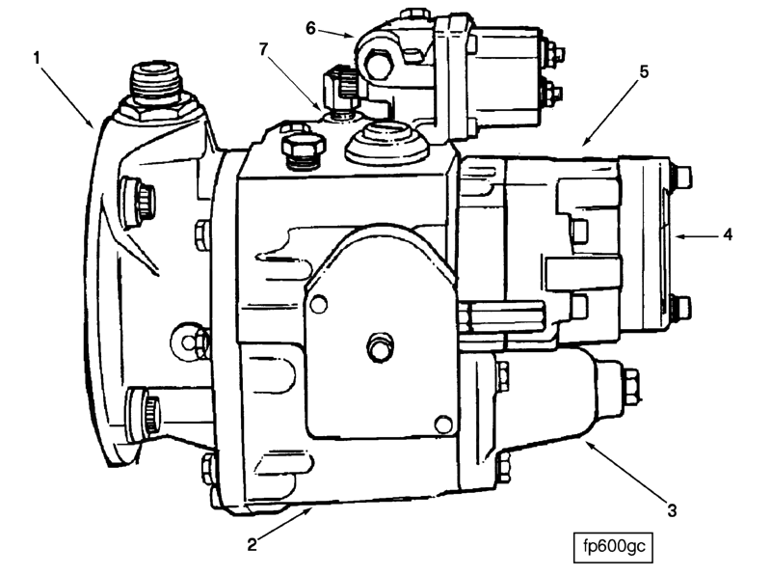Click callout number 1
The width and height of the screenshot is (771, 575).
[x=37, y=59]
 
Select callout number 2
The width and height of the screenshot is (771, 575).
[x=252, y=544]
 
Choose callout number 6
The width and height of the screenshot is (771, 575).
[x=310, y=28]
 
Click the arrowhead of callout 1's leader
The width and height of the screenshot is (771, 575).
[x=93, y=126]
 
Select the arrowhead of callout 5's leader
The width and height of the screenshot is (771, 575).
[x=584, y=146]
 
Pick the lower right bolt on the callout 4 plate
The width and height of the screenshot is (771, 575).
[x=681, y=307]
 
